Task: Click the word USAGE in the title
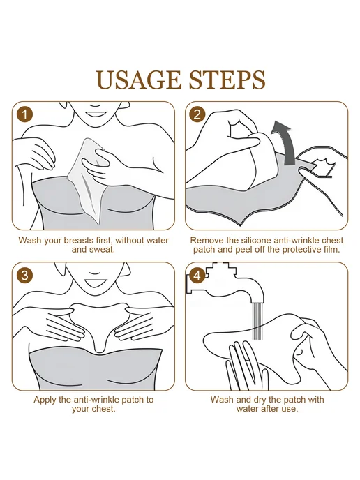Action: click(x=139, y=80)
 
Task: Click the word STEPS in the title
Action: click(x=227, y=80)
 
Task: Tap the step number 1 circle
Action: click(x=25, y=115)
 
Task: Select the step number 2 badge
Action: click(x=197, y=114)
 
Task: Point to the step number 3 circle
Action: click(x=24, y=275)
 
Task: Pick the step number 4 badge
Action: click(x=197, y=276)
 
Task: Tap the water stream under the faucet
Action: click(x=257, y=321)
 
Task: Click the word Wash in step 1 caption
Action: click(x=30, y=240)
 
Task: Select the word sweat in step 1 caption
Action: click(x=100, y=250)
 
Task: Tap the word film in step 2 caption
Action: click(x=331, y=250)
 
